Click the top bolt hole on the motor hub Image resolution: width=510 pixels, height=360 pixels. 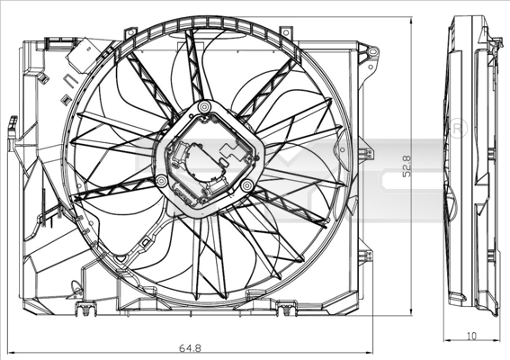[x=204, y=109]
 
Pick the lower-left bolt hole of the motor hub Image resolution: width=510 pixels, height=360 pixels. [x=161, y=181]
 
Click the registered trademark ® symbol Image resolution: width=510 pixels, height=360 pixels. [x=456, y=127]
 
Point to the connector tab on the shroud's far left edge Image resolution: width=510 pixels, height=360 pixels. [x=12, y=133]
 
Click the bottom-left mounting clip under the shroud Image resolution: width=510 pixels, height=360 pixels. [x=86, y=311]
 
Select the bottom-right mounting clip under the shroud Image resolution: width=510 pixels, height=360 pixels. [x=286, y=311]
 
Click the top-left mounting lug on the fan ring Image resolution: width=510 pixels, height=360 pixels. [x=131, y=33]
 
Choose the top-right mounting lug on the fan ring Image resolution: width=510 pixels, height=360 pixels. [x=286, y=33]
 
